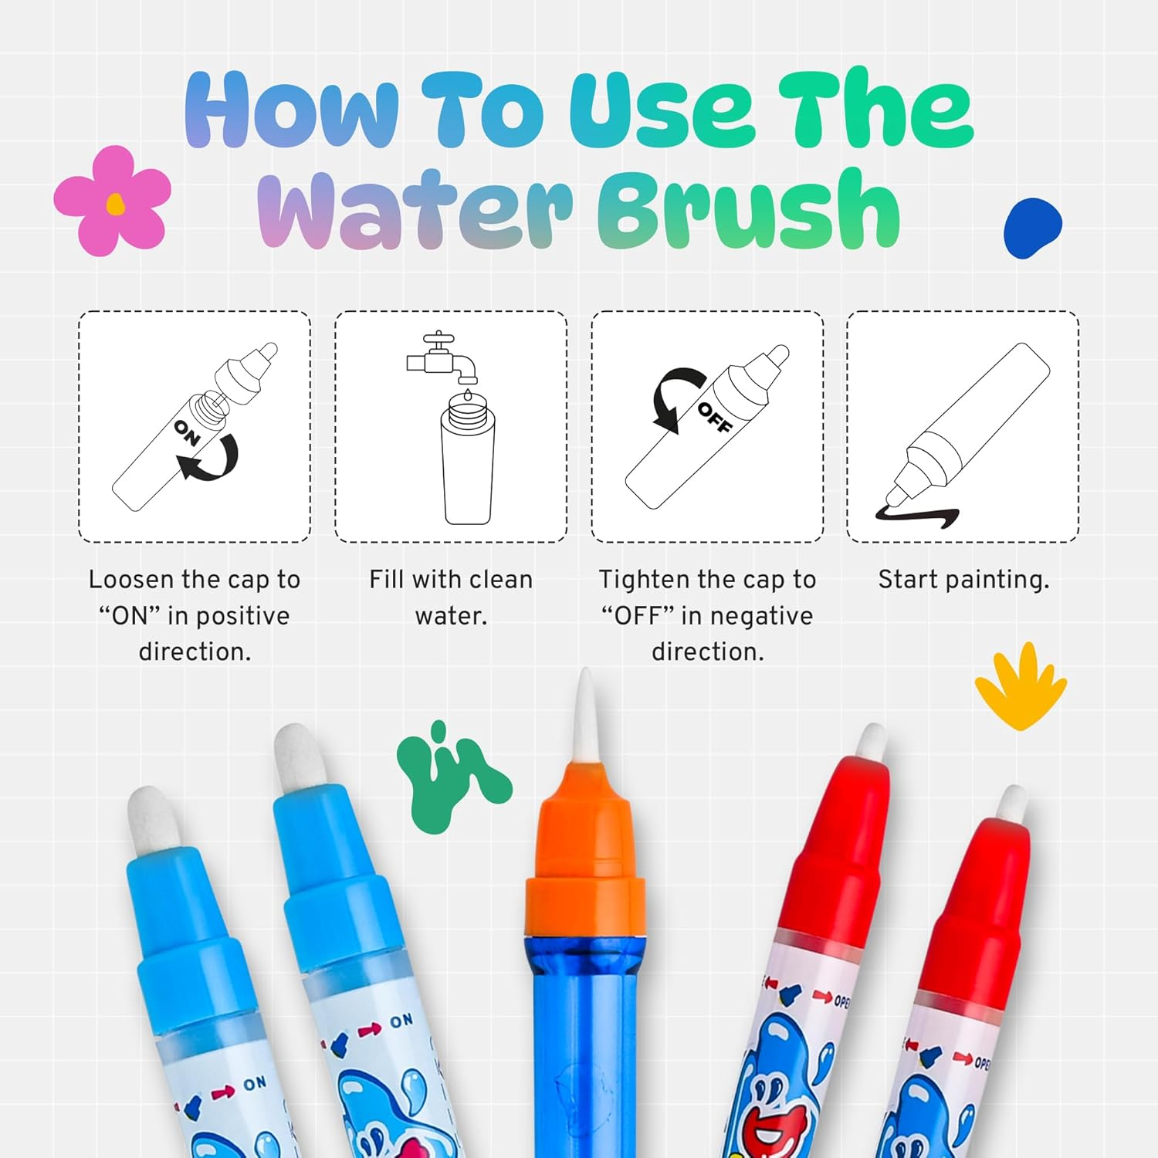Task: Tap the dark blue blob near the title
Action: (1032, 228)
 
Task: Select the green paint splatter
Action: (448, 780)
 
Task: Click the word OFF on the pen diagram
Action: (714, 418)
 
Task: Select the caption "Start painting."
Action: (963, 579)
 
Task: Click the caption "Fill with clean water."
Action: (451, 597)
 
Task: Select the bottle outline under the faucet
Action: (467, 463)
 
